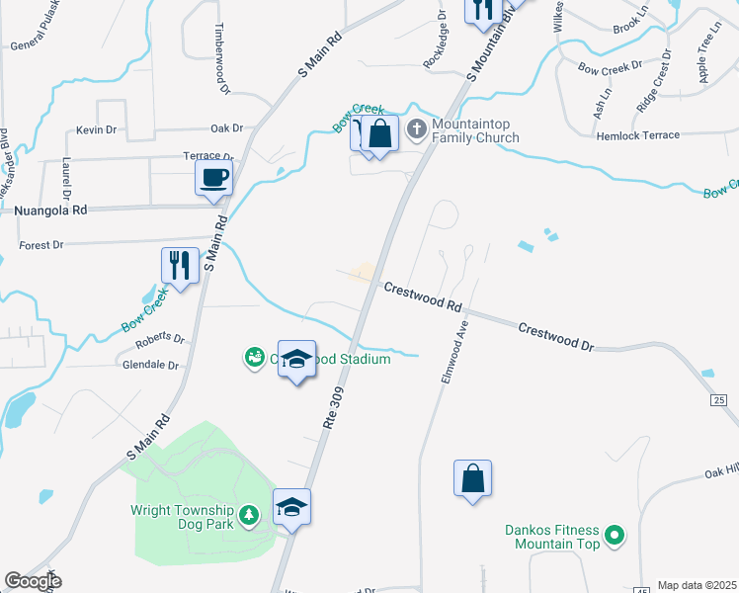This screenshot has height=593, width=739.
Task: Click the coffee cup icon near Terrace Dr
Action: pos(214,179)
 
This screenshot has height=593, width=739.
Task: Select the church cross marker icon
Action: pos(416,128)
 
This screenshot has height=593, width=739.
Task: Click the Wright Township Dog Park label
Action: pos(184,517)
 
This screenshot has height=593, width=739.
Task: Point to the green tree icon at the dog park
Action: pos(251,514)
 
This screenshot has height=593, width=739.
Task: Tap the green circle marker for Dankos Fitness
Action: pos(615,537)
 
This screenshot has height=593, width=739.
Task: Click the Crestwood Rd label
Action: pos(423,295)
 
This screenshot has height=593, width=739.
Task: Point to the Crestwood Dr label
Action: pos(556,338)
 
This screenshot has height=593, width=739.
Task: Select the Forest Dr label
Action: pos(41,244)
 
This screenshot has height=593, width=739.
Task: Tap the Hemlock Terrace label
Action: pos(637,135)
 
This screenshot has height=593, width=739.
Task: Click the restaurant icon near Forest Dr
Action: pos(180,265)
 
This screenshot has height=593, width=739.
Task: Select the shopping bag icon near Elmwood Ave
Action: pos(473,477)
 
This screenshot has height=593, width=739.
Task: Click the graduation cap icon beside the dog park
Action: pos(291,506)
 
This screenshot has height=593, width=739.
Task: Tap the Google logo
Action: pos(33,581)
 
